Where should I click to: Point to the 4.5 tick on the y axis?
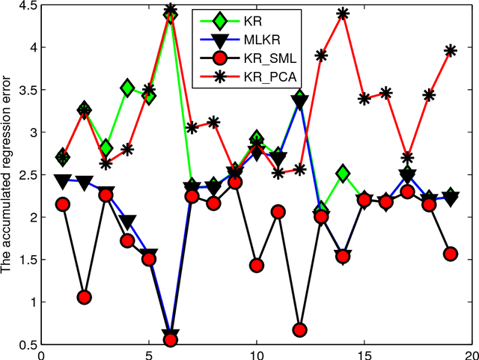27,7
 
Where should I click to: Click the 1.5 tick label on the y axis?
27,260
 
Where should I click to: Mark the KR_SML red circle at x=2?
85,297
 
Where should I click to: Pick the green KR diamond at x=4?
127,88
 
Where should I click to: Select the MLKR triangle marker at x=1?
63,180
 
